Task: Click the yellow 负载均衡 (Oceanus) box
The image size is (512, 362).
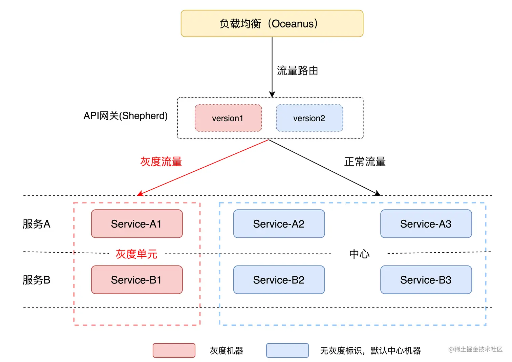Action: click(272, 23)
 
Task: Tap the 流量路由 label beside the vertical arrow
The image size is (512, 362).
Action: click(297, 70)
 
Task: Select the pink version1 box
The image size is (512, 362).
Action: click(228, 118)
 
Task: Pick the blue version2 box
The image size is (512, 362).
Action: click(310, 118)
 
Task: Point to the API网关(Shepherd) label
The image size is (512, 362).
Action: click(126, 116)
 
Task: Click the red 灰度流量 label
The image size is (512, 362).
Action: click(161, 162)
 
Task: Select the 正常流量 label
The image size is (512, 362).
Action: click(365, 162)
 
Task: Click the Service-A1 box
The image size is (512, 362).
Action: click(137, 224)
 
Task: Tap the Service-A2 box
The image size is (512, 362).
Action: click(279, 224)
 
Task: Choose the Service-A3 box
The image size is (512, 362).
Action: click(426, 224)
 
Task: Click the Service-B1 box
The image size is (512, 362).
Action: click(137, 280)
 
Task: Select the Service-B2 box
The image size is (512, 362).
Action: click(279, 280)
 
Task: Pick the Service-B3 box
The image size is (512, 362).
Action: click(426, 280)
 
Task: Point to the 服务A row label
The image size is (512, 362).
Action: click(37, 224)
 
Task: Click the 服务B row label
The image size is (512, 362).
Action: click(37, 280)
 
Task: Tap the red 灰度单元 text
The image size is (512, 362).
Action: click(136, 254)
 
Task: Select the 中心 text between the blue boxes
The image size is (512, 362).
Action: click(359, 254)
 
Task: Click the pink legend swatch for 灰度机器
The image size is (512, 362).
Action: click(174, 350)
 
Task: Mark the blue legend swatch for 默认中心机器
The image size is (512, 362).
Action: click(287, 350)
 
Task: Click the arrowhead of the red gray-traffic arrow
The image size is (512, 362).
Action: click(140, 194)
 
